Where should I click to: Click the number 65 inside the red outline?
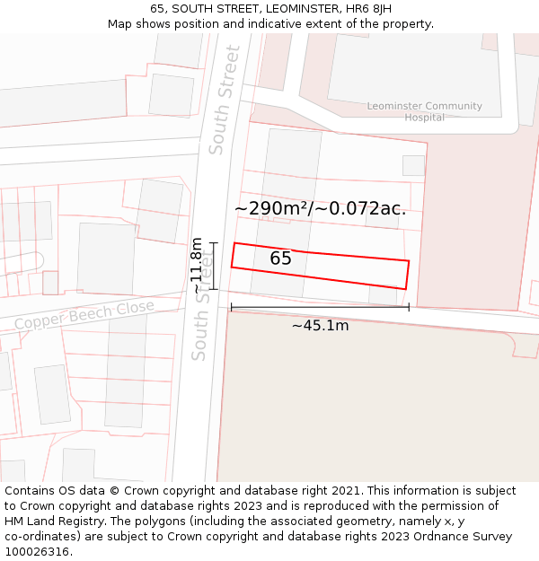coord(280,259)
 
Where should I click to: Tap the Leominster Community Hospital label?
coord(424,111)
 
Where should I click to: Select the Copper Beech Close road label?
coord(84,316)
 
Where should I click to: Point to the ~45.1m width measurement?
coord(320,326)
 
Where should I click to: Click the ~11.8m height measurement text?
coord(197,266)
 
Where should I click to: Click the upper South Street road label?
coord(225,100)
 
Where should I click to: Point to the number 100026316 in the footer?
coord(37,552)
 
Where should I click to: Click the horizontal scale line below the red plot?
coord(320,307)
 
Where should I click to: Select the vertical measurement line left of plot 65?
coord(214,266)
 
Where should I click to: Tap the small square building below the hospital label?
coord(413,165)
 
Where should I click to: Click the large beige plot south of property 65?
coord(377,404)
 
